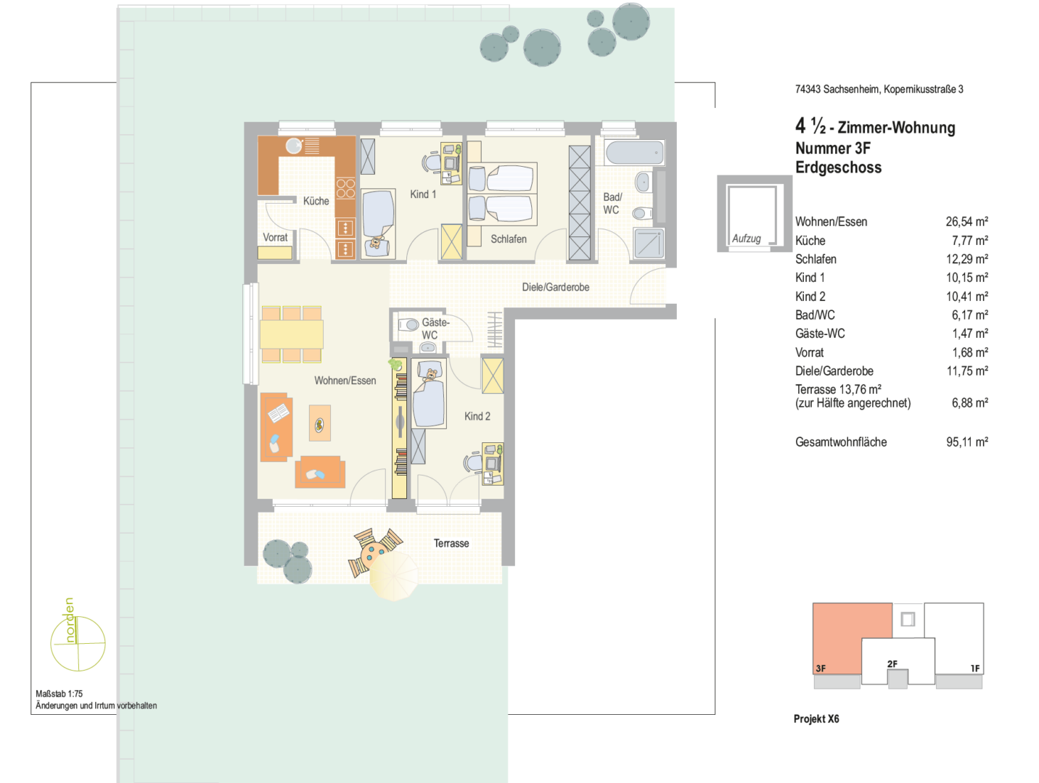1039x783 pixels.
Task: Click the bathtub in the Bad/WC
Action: point(634,152)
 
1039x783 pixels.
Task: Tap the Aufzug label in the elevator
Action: point(747,239)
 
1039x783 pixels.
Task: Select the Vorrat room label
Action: point(275,237)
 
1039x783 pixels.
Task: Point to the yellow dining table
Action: point(292,334)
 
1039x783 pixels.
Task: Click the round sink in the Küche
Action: point(294,146)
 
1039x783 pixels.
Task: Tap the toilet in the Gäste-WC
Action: point(408,324)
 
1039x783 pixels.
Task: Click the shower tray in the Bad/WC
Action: point(649,243)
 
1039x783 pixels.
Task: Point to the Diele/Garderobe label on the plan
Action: point(555,287)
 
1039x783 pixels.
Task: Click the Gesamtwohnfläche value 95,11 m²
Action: point(967,442)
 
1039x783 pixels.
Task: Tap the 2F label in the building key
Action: point(892,664)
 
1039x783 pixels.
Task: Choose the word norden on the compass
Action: point(70,620)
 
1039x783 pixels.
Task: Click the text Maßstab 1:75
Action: point(59,694)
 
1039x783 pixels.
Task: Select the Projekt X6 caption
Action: point(816,718)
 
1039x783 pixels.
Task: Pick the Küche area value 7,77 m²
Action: point(970,241)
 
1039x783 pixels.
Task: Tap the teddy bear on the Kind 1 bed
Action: point(375,243)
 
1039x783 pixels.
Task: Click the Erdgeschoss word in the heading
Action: point(838,168)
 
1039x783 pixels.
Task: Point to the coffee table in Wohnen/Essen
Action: point(320,423)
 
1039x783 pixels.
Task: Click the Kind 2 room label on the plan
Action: point(477,416)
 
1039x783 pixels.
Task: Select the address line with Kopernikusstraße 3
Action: point(879,89)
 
